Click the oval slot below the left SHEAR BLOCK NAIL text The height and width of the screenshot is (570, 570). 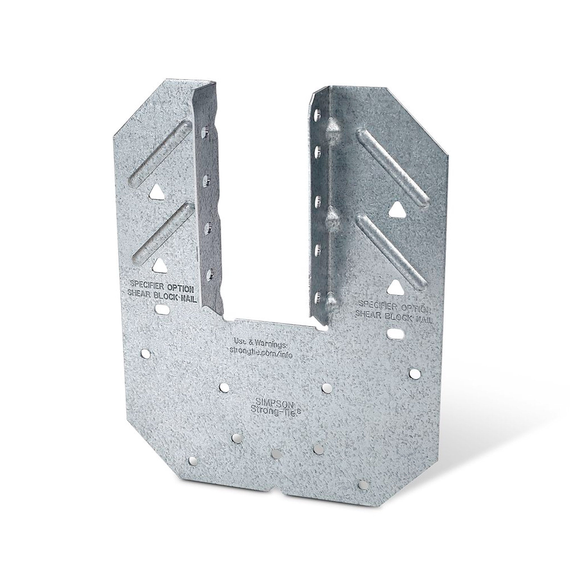161,309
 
